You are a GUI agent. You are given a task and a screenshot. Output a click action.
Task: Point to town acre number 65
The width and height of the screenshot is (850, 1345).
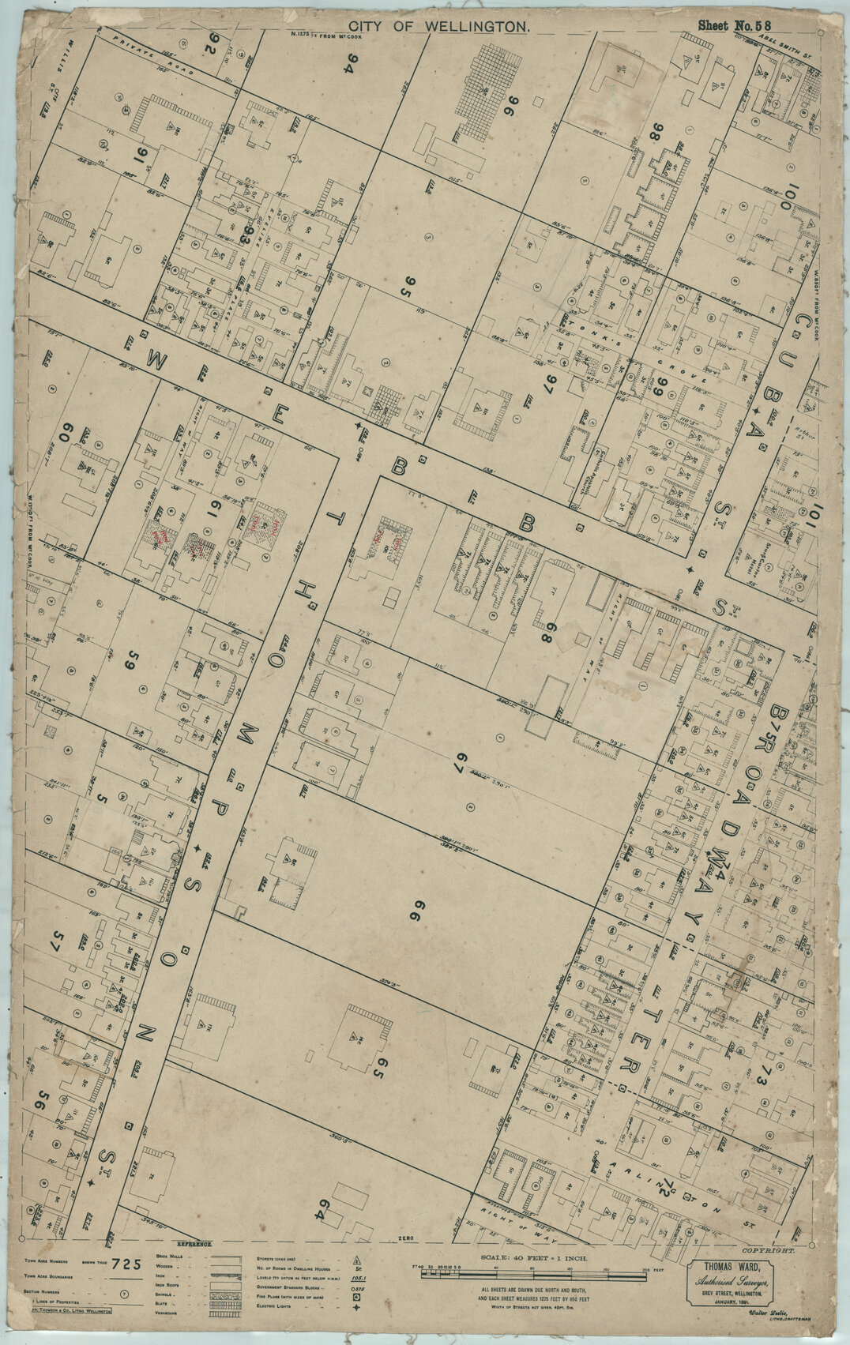(x=378, y=1070)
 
